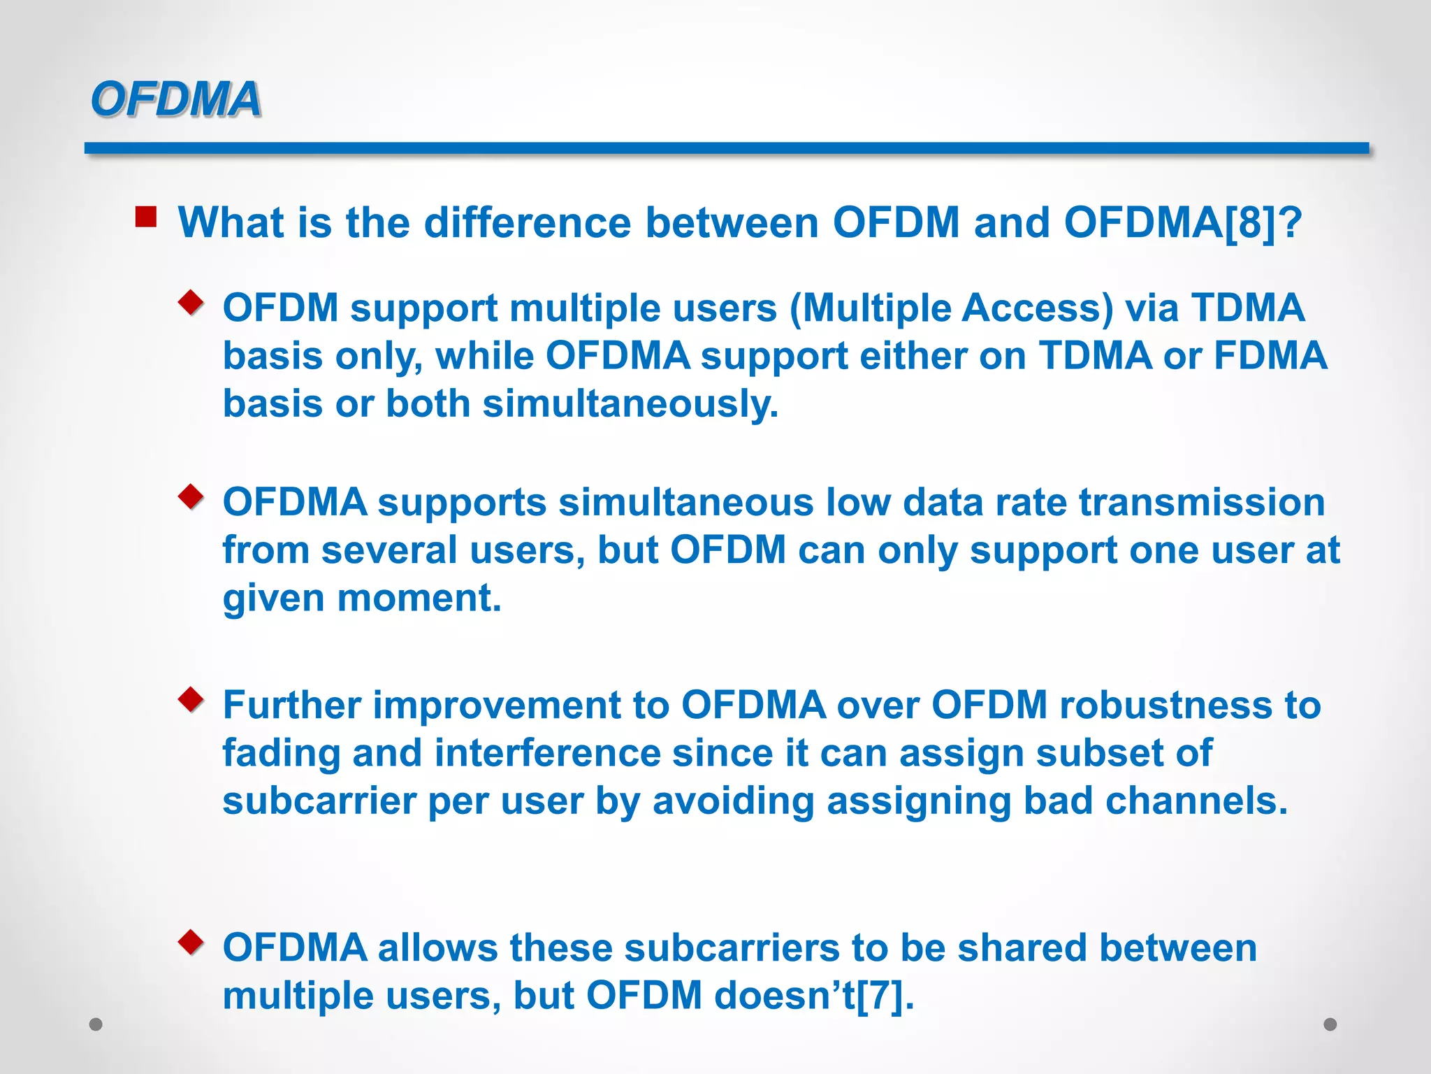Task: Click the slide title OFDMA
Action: pos(175,99)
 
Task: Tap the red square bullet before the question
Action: pos(146,217)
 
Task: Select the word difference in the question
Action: pos(528,223)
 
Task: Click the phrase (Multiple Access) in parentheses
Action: pos(951,308)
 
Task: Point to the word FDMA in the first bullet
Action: pos(1270,356)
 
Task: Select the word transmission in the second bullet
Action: pos(1201,503)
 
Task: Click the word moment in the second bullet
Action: pos(419,599)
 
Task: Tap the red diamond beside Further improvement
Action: pos(191,699)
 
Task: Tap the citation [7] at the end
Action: pos(884,996)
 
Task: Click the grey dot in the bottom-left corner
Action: pos(96,1024)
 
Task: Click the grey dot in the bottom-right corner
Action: pos(1330,1024)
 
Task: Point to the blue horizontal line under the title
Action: pos(727,148)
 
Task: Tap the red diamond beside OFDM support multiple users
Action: pos(191,303)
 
